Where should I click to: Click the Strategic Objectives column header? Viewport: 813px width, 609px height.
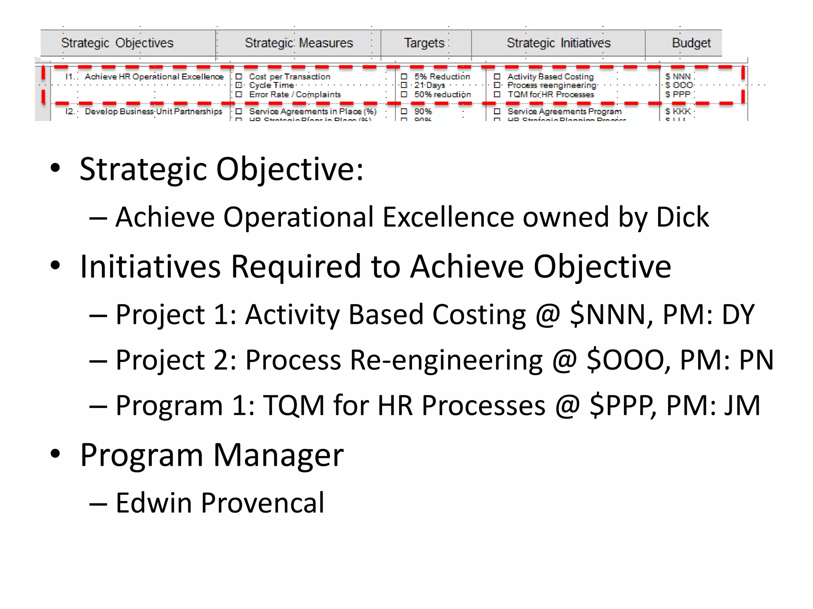118,43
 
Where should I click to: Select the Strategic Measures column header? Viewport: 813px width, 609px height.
299,43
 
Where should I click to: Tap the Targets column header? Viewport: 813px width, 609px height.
424,43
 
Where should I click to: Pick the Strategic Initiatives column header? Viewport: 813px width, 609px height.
558,43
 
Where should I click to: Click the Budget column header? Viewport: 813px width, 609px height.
691,43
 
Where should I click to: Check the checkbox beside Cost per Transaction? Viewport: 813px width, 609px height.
239,77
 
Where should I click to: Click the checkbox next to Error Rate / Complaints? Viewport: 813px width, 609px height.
239,94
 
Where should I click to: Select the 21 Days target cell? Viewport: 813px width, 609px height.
430,85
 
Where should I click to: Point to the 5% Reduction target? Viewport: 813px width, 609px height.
442,77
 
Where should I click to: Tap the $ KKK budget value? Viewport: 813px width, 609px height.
678,111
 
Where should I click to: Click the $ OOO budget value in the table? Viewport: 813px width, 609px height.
679,85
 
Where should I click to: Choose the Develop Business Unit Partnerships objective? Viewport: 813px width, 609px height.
153,111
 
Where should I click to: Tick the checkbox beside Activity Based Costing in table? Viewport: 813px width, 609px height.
497,77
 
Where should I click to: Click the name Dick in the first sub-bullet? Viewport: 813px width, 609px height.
682,217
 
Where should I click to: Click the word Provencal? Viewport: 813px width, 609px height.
262,503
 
